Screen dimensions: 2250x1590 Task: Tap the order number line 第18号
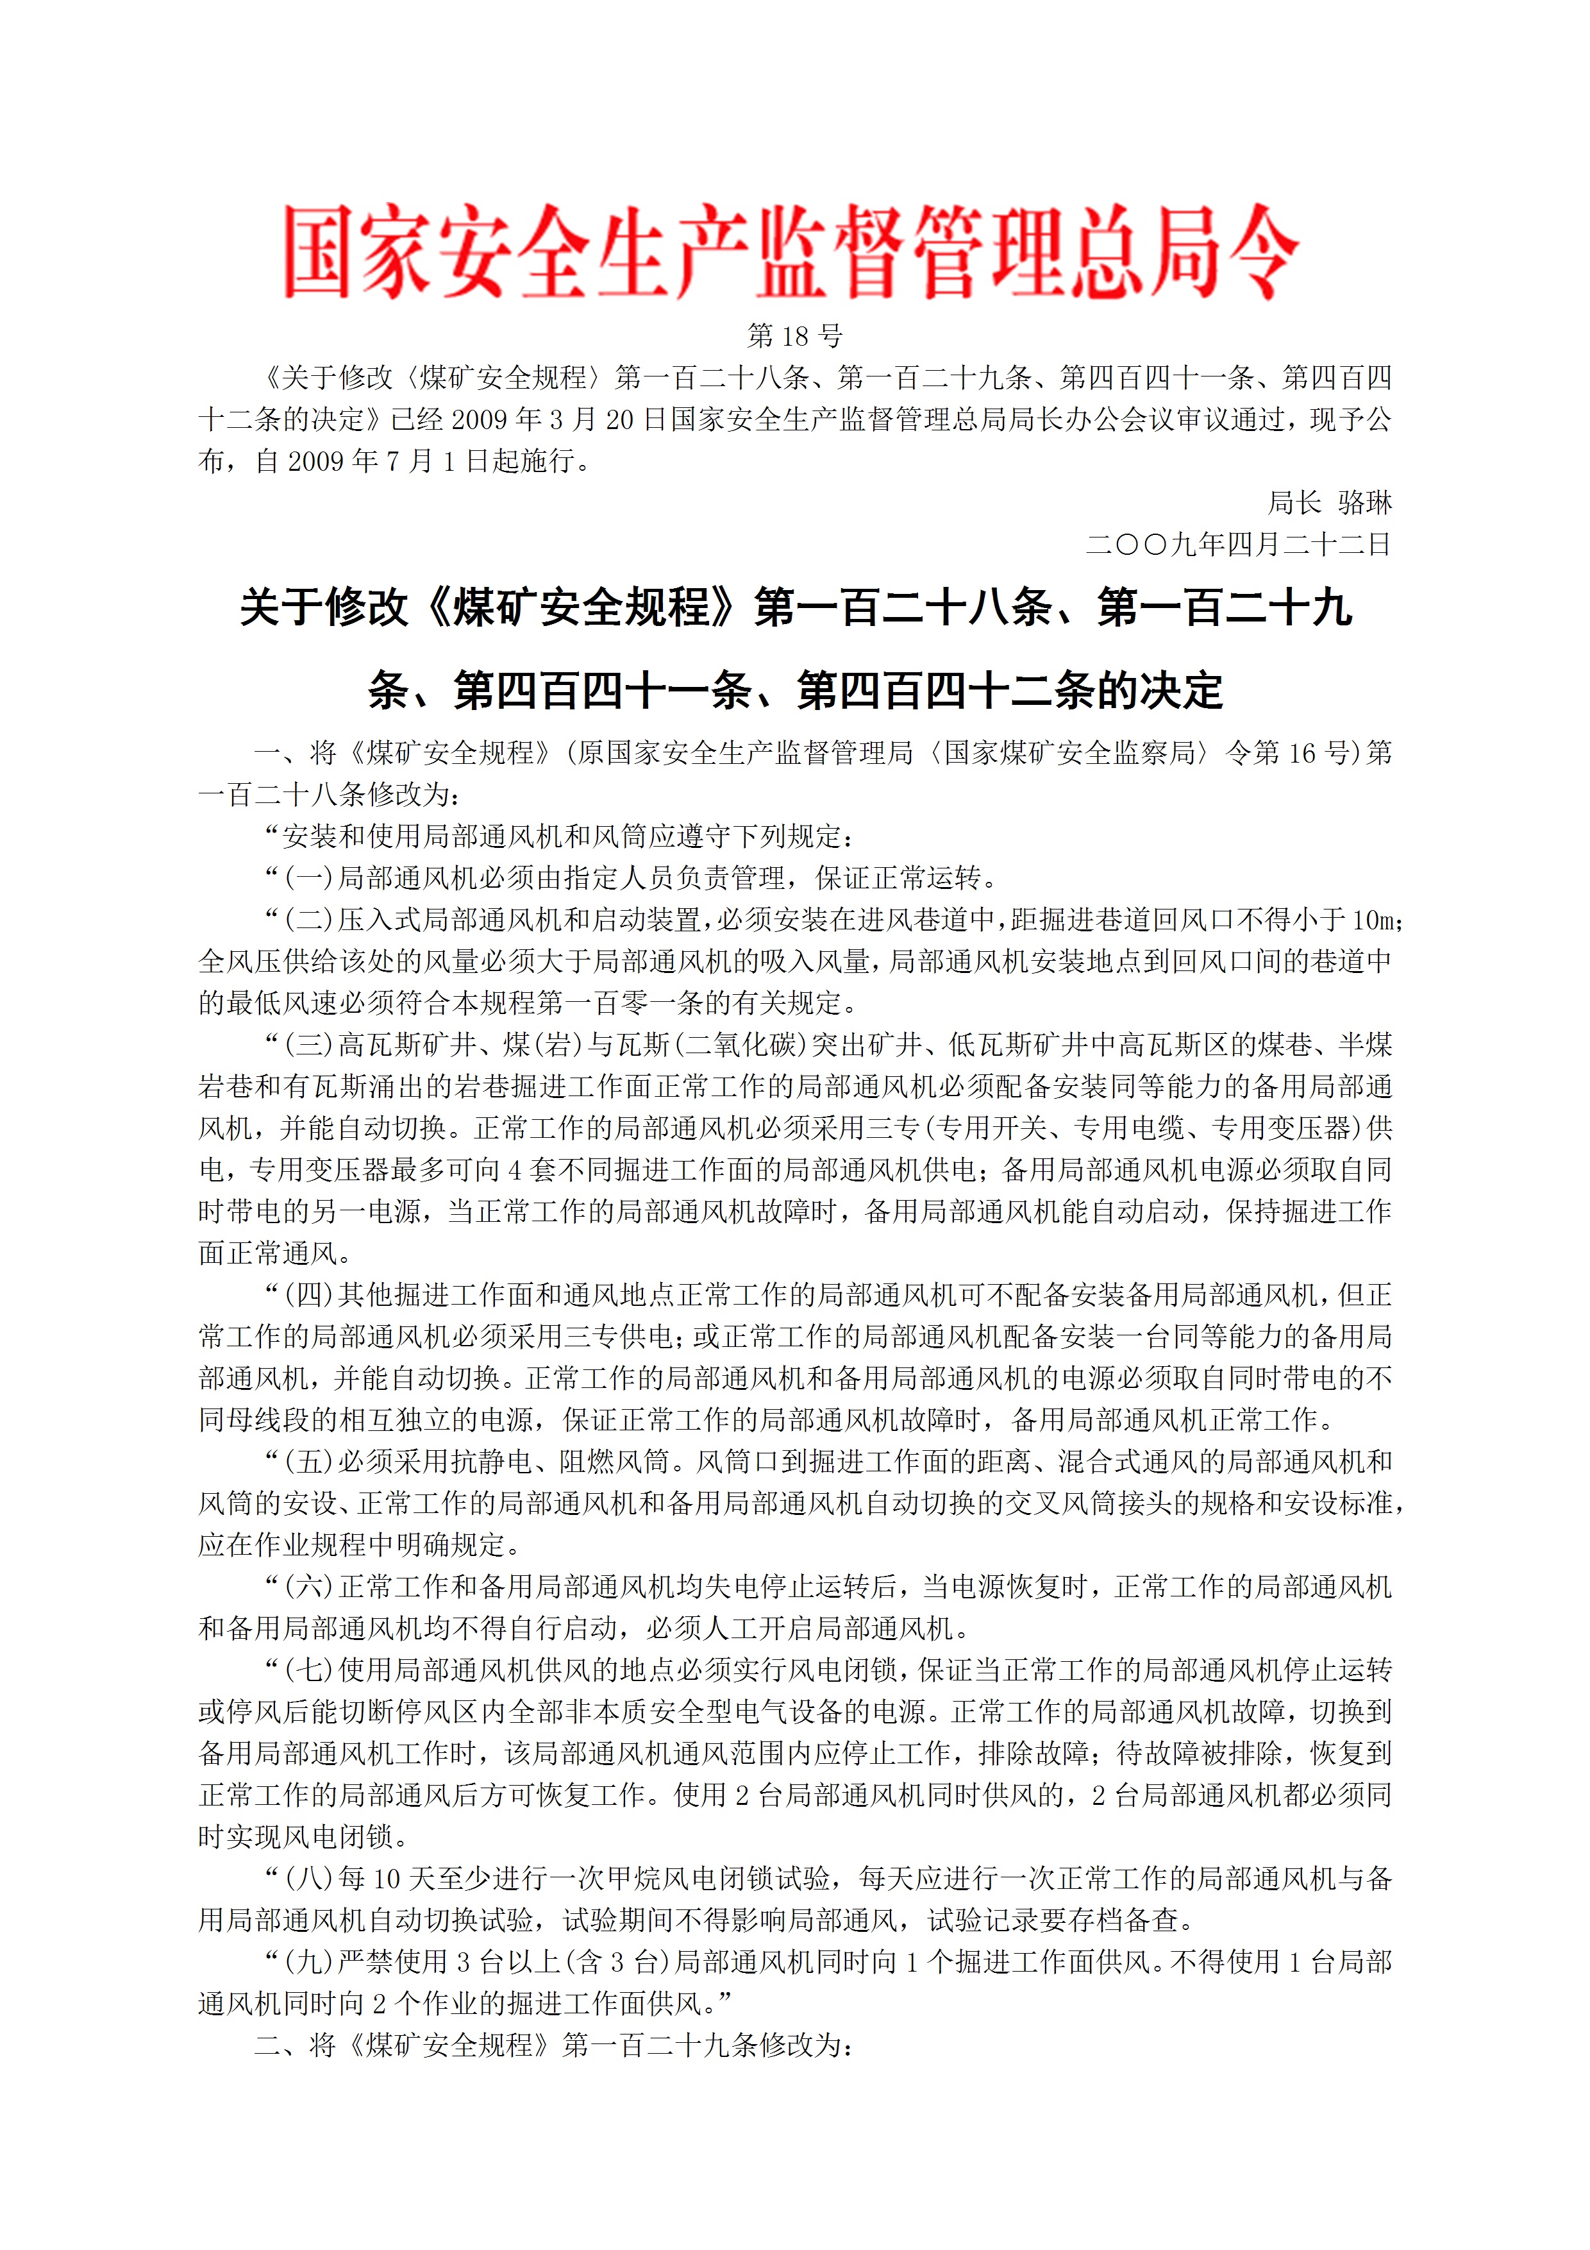click(x=794, y=336)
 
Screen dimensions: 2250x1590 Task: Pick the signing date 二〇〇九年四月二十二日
click(x=1238, y=544)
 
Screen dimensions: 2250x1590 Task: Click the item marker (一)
click(x=308, y=878)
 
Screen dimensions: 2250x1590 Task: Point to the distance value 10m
click(x=1375, y=920)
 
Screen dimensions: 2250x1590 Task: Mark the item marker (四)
click(x=308, y=1294)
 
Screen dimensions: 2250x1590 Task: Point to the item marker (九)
click(x=308, y=1962)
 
